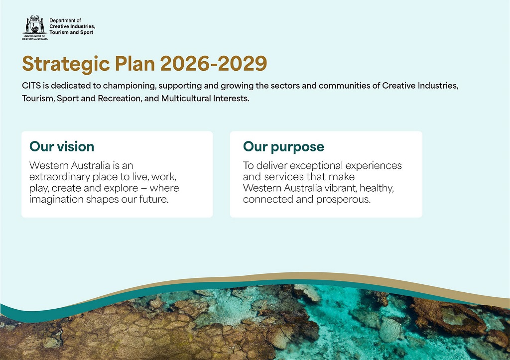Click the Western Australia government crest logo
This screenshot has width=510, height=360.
pos(34,27)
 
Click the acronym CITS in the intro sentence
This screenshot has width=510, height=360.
pos(31,86)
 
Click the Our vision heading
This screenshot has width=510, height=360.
pos(62,146)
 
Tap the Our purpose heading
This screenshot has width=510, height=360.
pos(283,147)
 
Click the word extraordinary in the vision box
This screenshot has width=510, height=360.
pos(60,177)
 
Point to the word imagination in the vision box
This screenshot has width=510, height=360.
pos(56,199)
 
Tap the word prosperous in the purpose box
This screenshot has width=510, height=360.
pos(343,199)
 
